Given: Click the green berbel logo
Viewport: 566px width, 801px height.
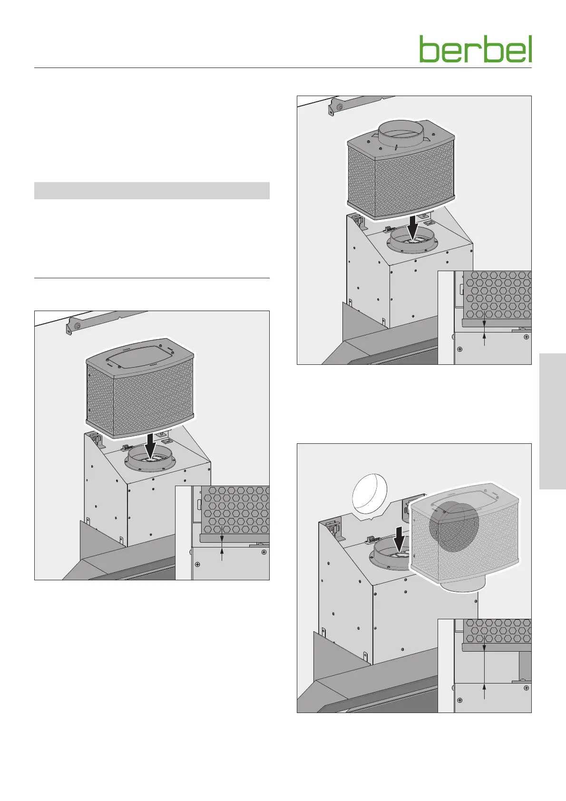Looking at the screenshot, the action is [x=475, y=49].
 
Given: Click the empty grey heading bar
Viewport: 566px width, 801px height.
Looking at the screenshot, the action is [x=152, y=190].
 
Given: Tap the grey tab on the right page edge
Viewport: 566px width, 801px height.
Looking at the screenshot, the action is [x=553, y=421].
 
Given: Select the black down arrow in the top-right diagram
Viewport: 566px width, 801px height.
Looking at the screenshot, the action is [x=413, y=227].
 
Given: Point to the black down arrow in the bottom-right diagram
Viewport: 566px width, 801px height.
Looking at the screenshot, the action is [x=400, y=538].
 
